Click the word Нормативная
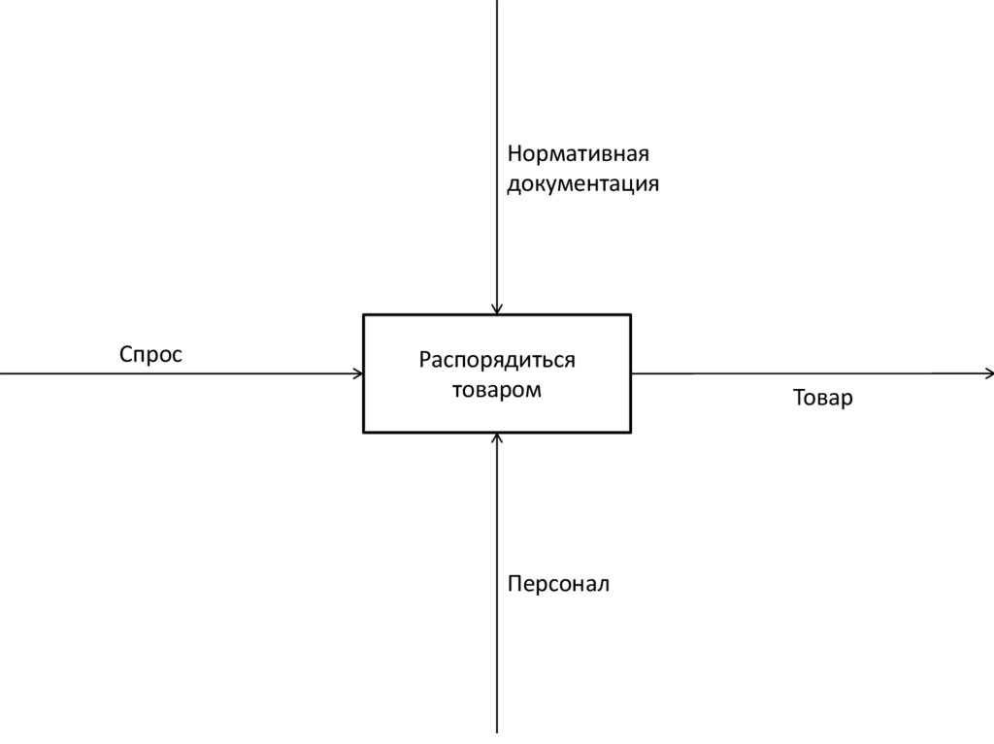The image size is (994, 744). [x=577, y=153]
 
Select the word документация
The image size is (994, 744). [x=582, y=183]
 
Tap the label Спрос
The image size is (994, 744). [x=150, y=355]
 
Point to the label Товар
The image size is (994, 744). [x=822, y=398]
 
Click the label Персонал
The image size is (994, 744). [x=558, y=584]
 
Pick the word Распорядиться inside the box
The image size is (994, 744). [x=497, y=360]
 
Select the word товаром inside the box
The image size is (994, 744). [x=497, y=390]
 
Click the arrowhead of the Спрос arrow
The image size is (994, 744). [x=359, y=373]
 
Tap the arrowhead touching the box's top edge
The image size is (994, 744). [x=497, y=309]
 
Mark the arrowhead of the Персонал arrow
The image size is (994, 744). [x=497, y=438]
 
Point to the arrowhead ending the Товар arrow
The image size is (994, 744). [x=988, y=373]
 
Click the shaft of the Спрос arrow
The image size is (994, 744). [x=175, y=373]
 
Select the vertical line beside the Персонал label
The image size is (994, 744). [x=497, y=582]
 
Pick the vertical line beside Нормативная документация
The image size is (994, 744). [x=497, y=165]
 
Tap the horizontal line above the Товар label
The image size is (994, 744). [x=815, y=373]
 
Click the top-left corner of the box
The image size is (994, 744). [x=364, y=315]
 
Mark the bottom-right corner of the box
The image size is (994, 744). [x=630, y=432]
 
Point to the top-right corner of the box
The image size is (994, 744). [x=630, y=315]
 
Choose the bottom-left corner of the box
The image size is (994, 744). [x=364, y=432]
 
